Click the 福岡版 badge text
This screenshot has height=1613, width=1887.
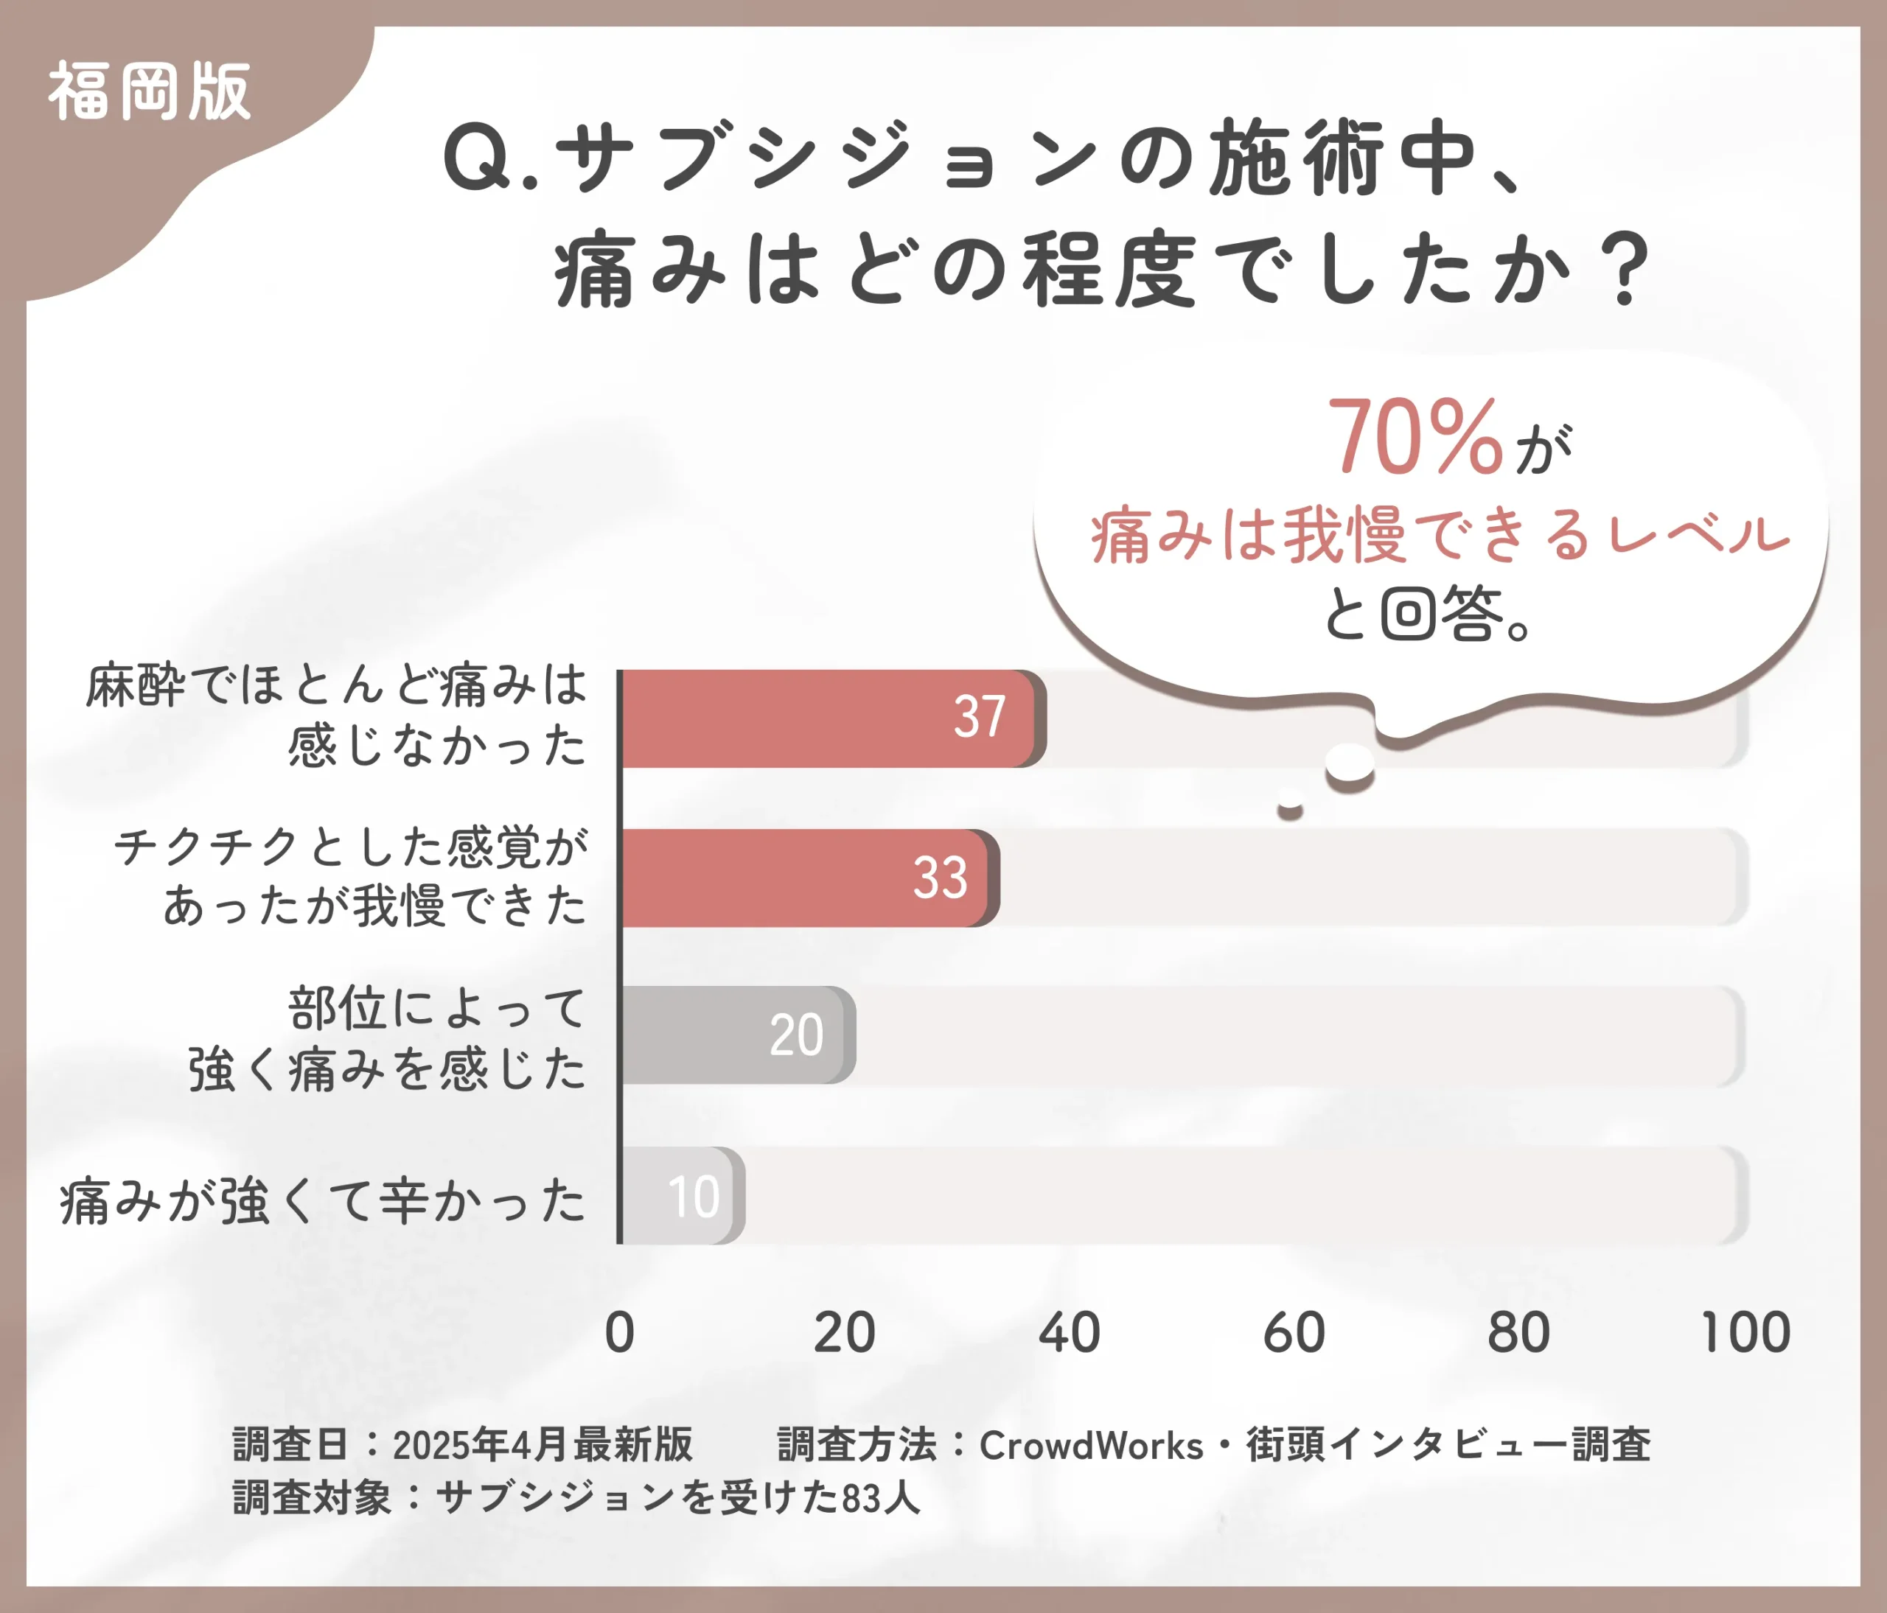[x=150, y=92]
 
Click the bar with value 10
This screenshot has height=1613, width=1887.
[x=681, y=1195]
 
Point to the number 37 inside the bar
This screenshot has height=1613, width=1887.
[x=979, y=717]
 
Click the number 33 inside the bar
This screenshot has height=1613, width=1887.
[x=940, y=878]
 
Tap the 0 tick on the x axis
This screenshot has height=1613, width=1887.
[x=619, y=1333]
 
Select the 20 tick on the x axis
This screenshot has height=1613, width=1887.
[x=844, y=1333]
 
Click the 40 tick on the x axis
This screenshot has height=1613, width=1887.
[x=1070, y=1333]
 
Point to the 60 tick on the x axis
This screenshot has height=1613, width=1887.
[x=1293, y=1333]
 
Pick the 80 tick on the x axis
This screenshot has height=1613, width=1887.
[x=1518, y=1333]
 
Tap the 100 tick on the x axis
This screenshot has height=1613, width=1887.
[x=1745, y=1333]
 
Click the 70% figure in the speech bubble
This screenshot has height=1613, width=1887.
[x=1415, y=438]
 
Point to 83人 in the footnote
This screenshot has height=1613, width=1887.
[x=881, y=1498]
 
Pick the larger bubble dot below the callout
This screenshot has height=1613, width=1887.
[x=1349, y=763]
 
